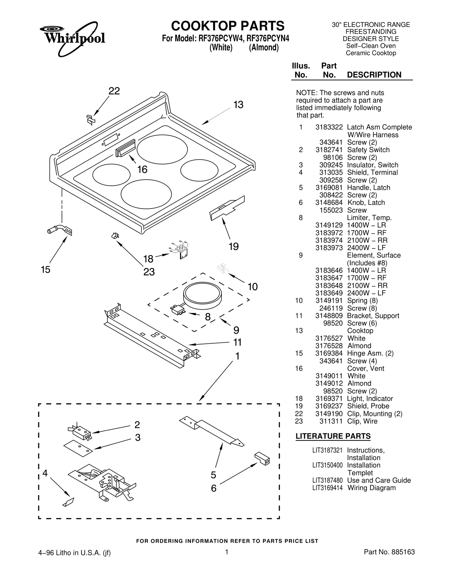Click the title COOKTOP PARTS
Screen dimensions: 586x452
coord(228,26)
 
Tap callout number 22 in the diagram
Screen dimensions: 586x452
coord(114,91)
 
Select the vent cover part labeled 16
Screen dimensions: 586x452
coord(125,148)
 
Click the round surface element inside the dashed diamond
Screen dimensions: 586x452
coord(202,297)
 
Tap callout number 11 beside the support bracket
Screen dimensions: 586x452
coord(237,342)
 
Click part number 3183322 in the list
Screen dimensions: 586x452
coord(329,127)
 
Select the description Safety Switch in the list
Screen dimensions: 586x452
coord(368,150)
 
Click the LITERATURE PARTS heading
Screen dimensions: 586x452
coord(333,436)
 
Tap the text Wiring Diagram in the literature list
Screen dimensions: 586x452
coord(371,488)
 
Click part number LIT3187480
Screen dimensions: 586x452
coord(327,480)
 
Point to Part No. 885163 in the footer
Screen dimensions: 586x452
coord(389,552)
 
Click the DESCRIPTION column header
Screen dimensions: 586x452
coord(374,75)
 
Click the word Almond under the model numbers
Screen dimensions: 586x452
coord(264,48)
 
